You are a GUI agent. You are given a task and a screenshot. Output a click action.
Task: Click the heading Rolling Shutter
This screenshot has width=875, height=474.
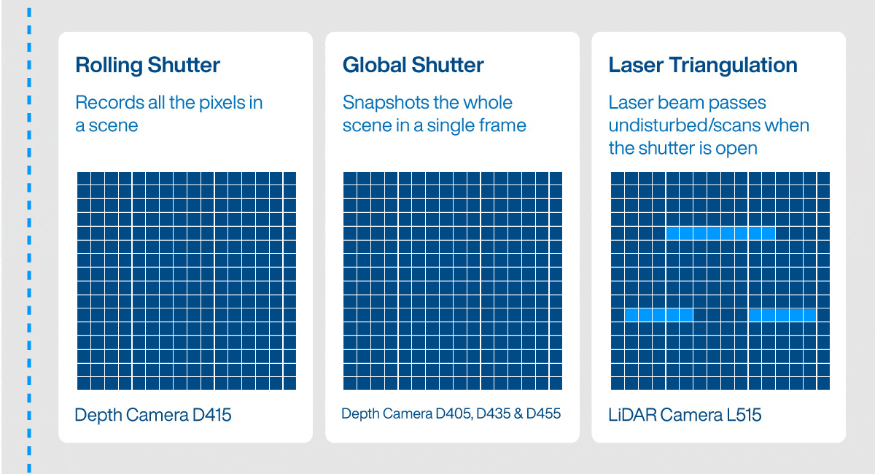[147, 66]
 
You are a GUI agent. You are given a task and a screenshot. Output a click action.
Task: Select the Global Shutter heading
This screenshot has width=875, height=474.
[413, 66]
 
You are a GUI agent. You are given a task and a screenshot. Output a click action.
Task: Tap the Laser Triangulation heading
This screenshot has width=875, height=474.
[702, 66]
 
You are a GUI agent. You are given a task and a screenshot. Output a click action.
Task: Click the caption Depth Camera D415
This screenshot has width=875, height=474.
[152, 416]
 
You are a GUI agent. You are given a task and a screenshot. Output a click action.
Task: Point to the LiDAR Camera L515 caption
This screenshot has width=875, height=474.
[685, 416]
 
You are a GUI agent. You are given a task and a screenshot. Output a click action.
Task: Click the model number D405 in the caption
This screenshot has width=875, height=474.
[452, 414]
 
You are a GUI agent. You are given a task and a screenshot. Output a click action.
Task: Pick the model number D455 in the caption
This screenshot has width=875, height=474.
[543, 414]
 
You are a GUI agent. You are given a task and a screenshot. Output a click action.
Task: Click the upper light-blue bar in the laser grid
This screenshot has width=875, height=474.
[720, 233]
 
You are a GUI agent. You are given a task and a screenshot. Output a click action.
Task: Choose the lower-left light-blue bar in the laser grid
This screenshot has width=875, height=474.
[658, 315]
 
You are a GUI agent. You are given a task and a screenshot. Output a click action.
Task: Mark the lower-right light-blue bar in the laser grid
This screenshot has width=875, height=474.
[782, 315]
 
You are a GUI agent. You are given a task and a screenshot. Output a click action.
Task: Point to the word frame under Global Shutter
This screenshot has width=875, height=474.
[502, 125]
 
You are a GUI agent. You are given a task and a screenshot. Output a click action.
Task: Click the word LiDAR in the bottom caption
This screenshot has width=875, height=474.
[632, 416]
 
